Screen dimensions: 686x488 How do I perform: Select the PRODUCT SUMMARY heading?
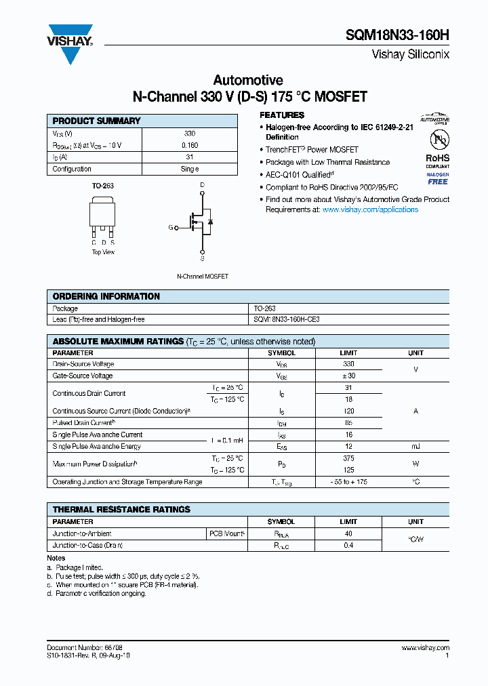tap(96, 121)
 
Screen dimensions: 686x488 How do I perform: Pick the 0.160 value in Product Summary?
tap(190, 146)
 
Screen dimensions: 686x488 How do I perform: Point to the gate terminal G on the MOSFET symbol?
tap(171, 228)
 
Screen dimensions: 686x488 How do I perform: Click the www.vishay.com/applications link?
tap(370, 210)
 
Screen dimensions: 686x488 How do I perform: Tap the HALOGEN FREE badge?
tap(437, 178)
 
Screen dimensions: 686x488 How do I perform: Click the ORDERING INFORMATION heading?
tap(106, 296)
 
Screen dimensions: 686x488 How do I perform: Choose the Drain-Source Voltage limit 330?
tap(348, 364)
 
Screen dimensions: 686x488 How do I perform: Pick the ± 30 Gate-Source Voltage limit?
tap(348, 376)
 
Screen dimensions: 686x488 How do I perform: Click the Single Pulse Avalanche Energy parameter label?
tap(97, 446)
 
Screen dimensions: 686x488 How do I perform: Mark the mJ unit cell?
tap(415, 446)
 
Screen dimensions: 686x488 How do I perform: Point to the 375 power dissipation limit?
tap(348, 458)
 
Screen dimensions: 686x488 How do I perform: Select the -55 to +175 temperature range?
tap(348, 482)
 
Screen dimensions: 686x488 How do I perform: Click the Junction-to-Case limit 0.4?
tap(348, 545)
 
